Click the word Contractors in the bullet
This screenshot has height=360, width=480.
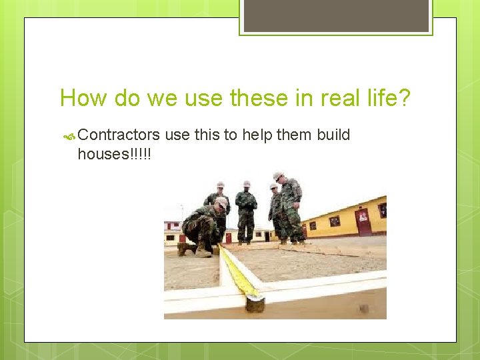[119, 135]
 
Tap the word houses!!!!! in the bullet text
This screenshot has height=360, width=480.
[114, 154]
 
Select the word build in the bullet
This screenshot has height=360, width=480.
[333, 135]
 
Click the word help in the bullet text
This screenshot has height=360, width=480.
[257, 135]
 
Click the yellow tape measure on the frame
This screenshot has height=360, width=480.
[237, 270]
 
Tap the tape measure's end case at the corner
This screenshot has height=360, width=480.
[255, 303]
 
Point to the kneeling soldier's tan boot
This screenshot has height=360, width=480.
[203, 251]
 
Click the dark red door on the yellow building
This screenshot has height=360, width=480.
[363, 222]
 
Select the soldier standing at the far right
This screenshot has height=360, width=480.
[291, 207]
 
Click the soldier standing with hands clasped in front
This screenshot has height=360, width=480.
[246, 212]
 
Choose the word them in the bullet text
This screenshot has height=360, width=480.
[294, 135]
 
